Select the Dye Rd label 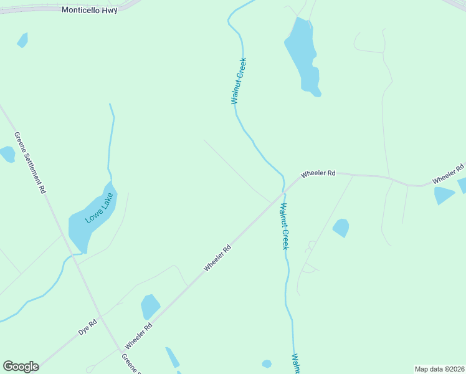click(88, 328)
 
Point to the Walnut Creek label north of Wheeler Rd click(239, 81)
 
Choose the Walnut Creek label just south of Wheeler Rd click(284, 226)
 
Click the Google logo click(21, 367)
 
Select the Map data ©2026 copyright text click(440, 369)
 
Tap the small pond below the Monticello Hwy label click(23, 40)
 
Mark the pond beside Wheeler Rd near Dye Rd click(150, 307)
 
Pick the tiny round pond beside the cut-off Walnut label click(267, 363)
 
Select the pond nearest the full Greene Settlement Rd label click(7, 154)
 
